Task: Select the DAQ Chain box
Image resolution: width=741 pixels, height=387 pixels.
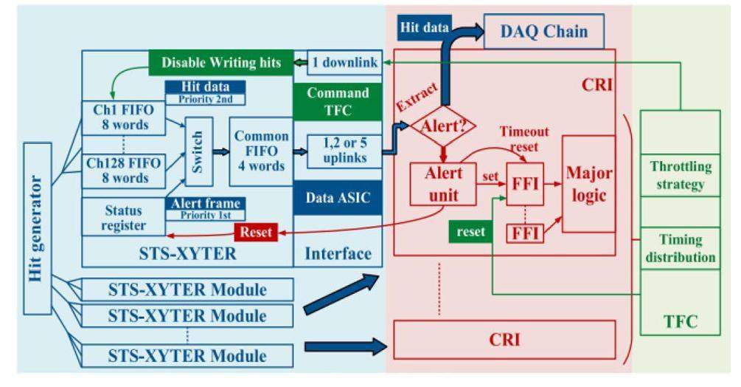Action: pos(544,32)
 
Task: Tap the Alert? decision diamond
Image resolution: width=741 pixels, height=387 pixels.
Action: pos(443,126)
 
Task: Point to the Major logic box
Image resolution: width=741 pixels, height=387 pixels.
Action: pos(588,183)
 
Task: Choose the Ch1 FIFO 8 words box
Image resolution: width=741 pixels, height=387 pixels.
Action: pos(121,117)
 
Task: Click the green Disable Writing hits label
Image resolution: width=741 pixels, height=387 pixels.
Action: pos(220,62)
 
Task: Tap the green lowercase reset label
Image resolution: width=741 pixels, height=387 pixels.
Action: pos(469,232)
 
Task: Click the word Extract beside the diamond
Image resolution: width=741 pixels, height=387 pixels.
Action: pos(418,95)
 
